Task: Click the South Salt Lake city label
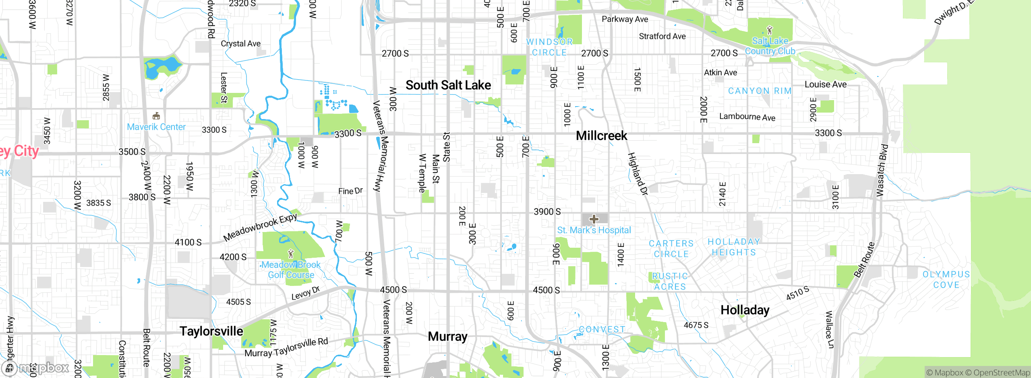[x=448, y=85]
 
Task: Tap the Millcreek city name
[x=601, y=136]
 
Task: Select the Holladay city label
[x=745, y=310]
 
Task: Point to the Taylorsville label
[x=211, y=331]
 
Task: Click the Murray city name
[x=447, y=337]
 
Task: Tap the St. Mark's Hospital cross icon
[x=594, y=219]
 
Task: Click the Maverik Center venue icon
[x=156, y=116]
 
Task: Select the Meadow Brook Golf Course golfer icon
[x=291, y=254]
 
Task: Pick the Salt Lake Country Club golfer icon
[x=770, y=30]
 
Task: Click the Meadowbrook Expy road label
[x=260, y=227]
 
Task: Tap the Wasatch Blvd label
[x=882, y=171]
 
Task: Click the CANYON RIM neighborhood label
[x=760, y=91]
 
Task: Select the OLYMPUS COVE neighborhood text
[x=946, y=279]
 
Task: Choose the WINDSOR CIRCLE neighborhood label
[x=549, y=47]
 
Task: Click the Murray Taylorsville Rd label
[x=286, y=348]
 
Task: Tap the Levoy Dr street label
[x=305, y=293]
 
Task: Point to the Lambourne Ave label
[x=747, y=117]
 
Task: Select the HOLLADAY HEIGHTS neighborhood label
[x=734, y=247]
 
